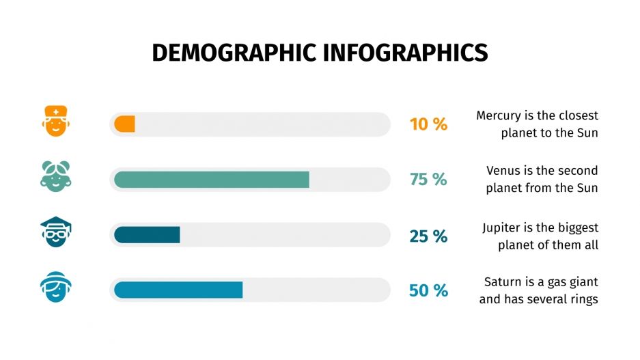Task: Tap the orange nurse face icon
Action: point(55,121)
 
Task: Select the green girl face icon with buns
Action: point(55,176)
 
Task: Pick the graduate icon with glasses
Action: point(55,232)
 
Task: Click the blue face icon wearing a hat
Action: point(55,287)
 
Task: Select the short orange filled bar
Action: point(124,124)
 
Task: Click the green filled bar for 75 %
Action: point(211,180)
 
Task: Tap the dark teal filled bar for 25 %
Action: point(147,235)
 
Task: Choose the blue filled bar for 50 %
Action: point(178,290)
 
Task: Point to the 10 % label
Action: point(428,124)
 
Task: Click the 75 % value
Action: point(428,180)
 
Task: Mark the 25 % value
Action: point(428,236)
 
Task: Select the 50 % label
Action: point(428,290)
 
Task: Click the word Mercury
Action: point(499,115)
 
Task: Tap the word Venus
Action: point(503,171)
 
